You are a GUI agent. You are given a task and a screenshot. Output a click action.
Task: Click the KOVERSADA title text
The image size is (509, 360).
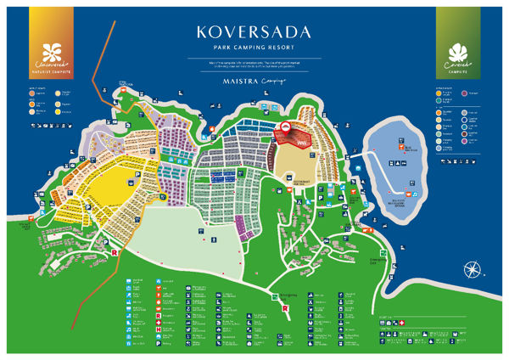(253, 33)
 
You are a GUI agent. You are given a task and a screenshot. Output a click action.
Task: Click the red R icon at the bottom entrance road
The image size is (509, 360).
(283, 309)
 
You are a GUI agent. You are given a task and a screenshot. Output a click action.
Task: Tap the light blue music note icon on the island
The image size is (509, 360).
(421, 161)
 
